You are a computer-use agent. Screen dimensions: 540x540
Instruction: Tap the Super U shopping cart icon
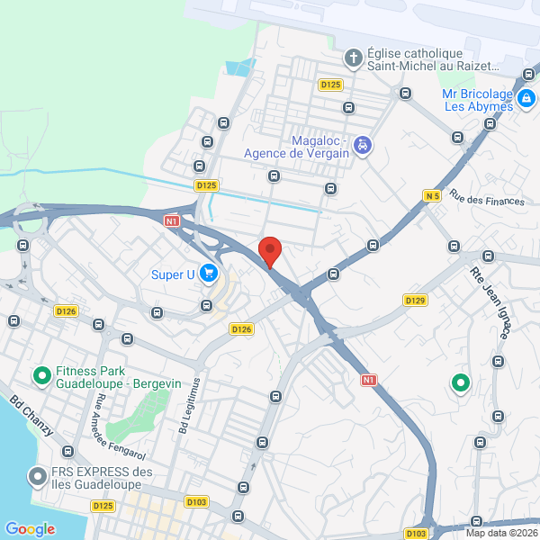[x=209, y=272]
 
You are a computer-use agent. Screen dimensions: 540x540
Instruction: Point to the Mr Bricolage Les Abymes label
[x=478, y=99]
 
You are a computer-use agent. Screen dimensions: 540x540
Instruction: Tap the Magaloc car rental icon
[x=362, y=145]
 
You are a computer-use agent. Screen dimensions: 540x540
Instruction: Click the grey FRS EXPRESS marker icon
[x=37, y=475]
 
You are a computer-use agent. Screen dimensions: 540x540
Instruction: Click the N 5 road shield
[x=432, y=195]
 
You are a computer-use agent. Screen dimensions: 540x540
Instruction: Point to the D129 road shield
[x=415, y=300]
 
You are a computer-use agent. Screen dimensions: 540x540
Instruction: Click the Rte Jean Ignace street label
[x=490, y=302]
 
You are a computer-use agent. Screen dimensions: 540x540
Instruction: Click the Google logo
[x=30, y=529]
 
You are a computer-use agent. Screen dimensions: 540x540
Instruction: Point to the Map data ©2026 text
[x=500, y=532]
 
